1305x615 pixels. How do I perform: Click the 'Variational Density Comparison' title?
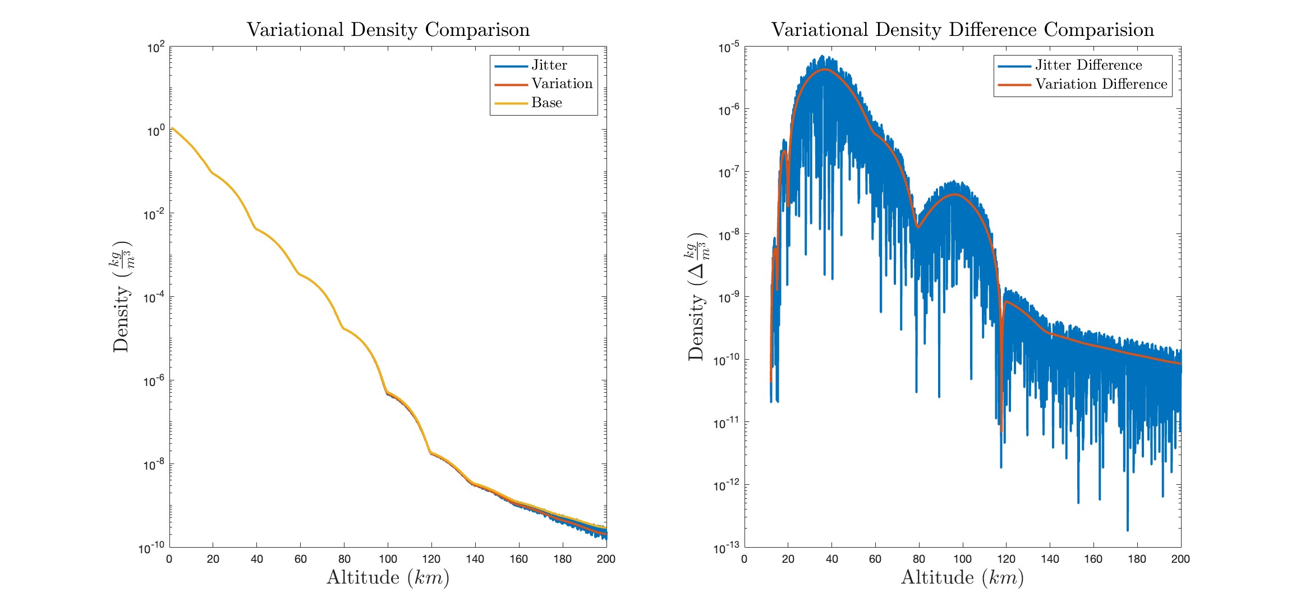[x=388, y=30]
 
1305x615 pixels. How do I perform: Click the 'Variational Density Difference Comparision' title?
[x=963, y=30]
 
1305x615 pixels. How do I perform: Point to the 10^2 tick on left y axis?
[x=155, y=48]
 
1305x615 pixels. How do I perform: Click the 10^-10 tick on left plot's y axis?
[x=151, y=548]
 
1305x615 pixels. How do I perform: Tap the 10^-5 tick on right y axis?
[x=728, y=48]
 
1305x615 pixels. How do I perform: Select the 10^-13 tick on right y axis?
[x=727, y=548]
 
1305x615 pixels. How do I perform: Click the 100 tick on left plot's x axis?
[x=388, y=559]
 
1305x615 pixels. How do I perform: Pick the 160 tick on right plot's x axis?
[x=1093, y=559]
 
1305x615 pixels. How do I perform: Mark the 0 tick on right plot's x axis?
[x=745, y=559]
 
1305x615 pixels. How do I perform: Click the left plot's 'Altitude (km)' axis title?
[x=388, y=577]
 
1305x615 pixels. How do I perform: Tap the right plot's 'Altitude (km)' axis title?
[x=962, y=577]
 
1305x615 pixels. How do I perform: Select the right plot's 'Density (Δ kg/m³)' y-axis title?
[x=697, y=297]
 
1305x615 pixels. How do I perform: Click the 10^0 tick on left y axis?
[x=155, y=131]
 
